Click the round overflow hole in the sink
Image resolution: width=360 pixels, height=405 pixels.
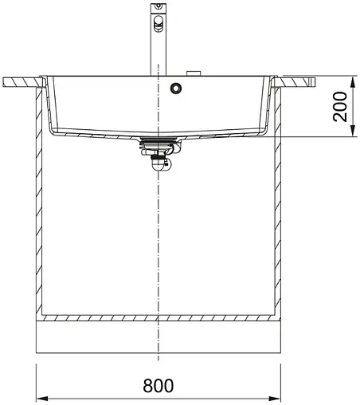click(174, 88)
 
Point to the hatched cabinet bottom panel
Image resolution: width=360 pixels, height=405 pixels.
click(159, 318)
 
